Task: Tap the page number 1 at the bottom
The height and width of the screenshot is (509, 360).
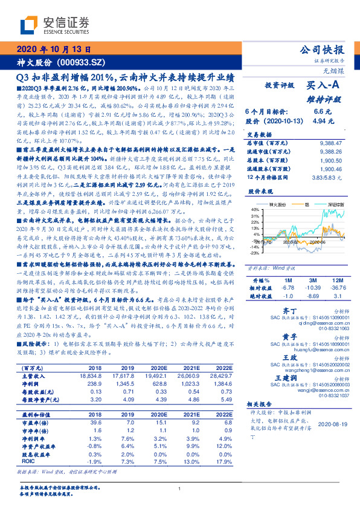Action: (x=179, y=488)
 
